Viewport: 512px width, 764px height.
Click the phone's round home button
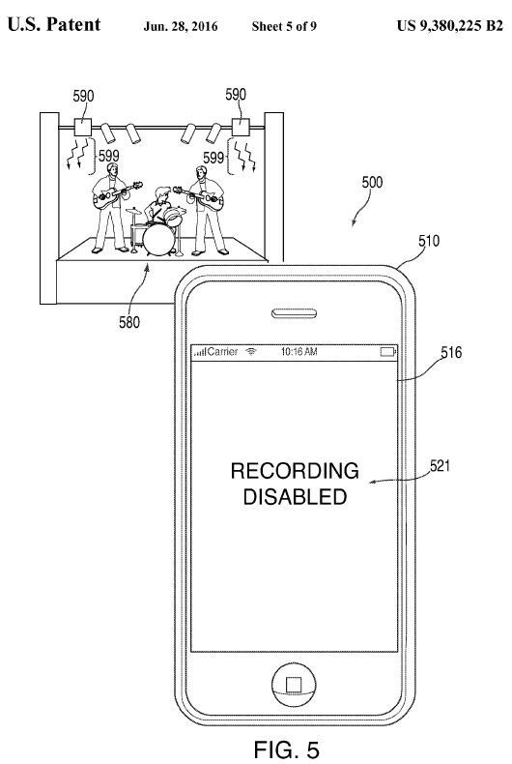point(294,685)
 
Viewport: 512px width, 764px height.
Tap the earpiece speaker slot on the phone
point(294,313)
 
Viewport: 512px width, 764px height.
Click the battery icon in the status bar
point(388,352)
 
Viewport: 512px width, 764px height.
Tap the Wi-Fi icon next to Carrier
point(251,351)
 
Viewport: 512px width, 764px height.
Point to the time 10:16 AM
point(299,351)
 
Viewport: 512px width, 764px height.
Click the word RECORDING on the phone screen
point(295,471)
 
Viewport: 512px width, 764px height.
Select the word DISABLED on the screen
point(295,496)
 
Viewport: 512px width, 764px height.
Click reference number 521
point(440,466)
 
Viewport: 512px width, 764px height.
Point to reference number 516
point(451,352)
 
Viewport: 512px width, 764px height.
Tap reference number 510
point(429,241)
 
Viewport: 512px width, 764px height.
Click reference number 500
point(372,182)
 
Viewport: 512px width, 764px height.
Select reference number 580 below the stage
point(129,322)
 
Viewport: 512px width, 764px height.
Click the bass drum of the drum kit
point(158,238)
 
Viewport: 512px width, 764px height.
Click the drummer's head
point(160,194)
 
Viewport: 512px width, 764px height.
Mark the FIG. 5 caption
point(287,749)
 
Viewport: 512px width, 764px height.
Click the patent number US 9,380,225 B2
point(450,25)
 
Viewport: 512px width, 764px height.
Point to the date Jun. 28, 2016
point(180,26)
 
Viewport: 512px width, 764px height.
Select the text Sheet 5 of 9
point(284,26)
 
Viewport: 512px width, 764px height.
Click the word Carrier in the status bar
point(222,351)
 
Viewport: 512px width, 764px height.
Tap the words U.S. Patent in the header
point(54,24)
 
